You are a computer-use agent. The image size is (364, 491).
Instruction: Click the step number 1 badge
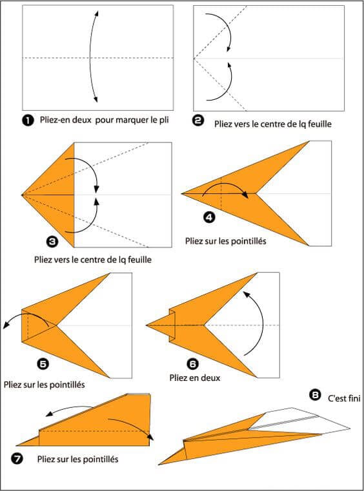click(28, 120)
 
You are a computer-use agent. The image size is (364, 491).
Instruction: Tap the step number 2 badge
click(199, 120)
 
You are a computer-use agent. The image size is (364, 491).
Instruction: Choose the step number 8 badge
click(315, 392)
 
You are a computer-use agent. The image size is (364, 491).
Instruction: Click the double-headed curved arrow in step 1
click(95, 57)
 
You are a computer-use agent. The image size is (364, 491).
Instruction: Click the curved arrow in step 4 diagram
click(225, 188)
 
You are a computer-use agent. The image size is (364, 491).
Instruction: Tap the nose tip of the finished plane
click(161, 463)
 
